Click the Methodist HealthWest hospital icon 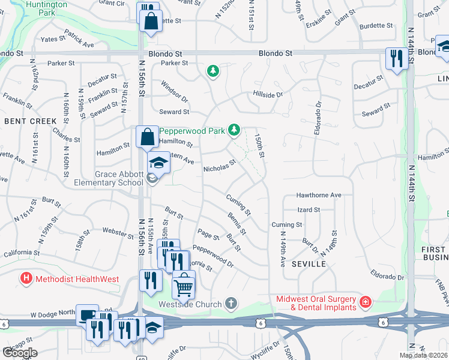(x=26, y=278)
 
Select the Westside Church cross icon (x=232, y=304)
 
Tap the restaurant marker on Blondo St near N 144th (x=395, y=58)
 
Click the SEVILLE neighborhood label (x=309, y=264)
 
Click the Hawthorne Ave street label (x=319, y=195)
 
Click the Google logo (x=20, y=353)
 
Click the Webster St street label (x=118, y=230)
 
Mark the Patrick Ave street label (x=79, y=40)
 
